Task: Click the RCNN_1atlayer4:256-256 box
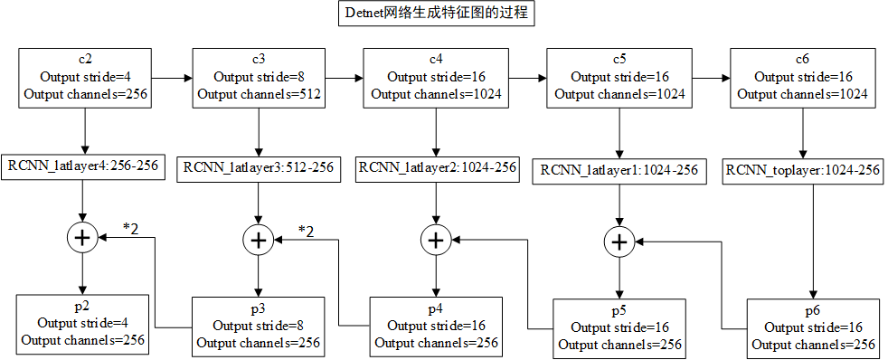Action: coord(85,166)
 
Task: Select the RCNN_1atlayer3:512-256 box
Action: coord(259,167)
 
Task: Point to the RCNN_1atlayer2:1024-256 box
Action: coord(437,167)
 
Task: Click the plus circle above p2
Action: coord(83,238)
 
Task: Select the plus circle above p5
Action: coord(619,242)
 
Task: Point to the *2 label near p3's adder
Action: coord(307,231)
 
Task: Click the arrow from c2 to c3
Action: coord(172,79)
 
